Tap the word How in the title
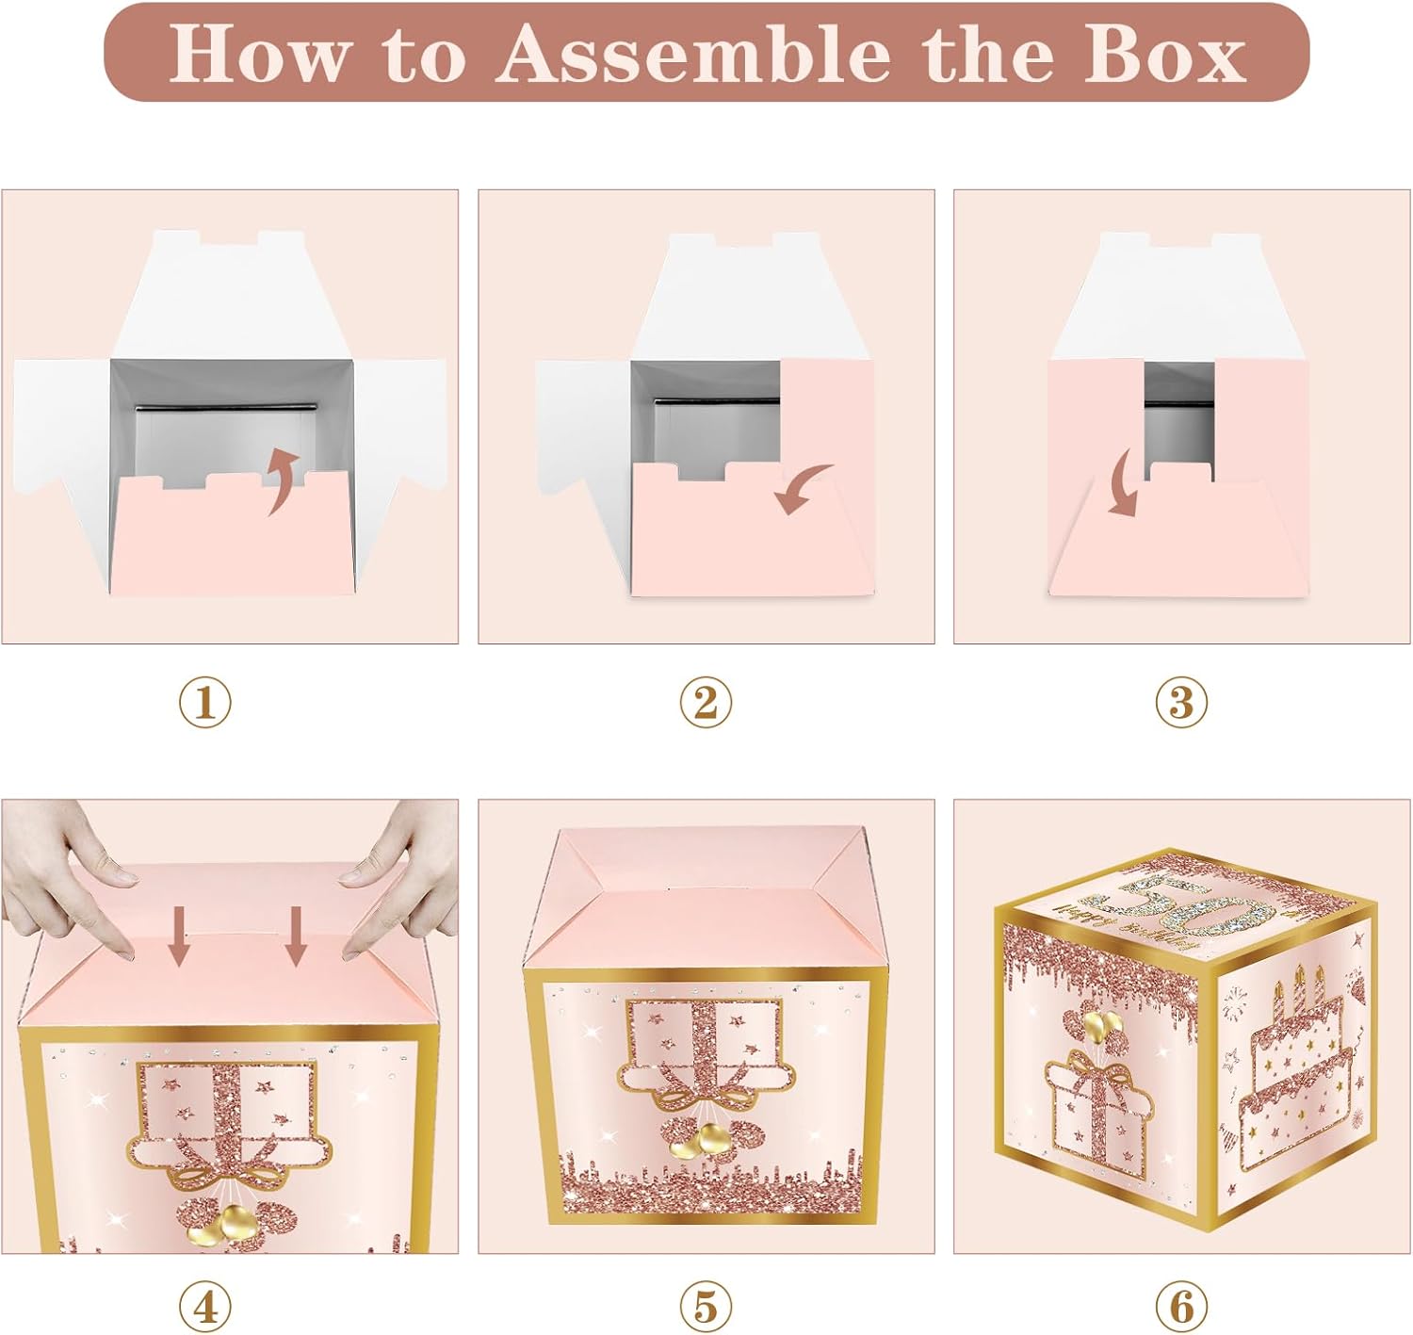[x=257, y=54]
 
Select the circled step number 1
[x=204, y=703]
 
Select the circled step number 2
[x=706, y=703]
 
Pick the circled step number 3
[x=1181, y=703]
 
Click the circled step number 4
[x=204, y=1307]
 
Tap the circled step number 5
[x=706, y=1307]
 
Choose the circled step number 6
[x=1181, y=1307]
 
